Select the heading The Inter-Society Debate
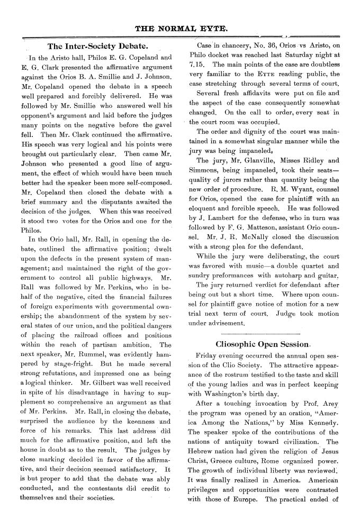click(x=97, y=46)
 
